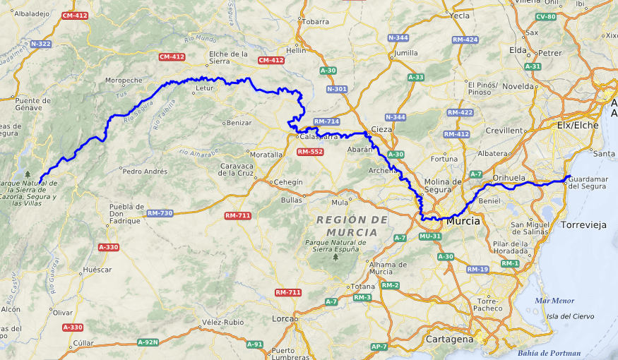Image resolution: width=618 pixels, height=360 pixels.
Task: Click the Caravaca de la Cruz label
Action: click(x=237, y=169)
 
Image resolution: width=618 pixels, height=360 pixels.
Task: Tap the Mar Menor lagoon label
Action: click(x=554, y=300)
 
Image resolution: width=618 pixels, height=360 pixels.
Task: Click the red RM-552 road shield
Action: click(x=310, y=152)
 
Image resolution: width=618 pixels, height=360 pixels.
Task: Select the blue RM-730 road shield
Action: click(x=160, y=213)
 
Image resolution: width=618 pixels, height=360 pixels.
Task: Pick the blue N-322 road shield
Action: click(x=40, y=44)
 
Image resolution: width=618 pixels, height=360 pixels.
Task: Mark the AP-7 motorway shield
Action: click(x=379, y=347)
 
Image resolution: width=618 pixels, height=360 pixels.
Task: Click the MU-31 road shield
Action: click(x=431, y=236)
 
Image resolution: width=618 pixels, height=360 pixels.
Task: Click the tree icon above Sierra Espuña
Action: click(x=335, y=257)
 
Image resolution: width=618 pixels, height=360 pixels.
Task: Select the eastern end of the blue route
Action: click(x=569, y=176)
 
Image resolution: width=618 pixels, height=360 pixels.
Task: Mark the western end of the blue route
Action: click(x=41, y=180)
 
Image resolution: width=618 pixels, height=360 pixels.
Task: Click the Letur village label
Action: click(x=204, y=90)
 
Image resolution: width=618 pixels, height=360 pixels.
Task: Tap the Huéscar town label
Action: click(x=97, y=270)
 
